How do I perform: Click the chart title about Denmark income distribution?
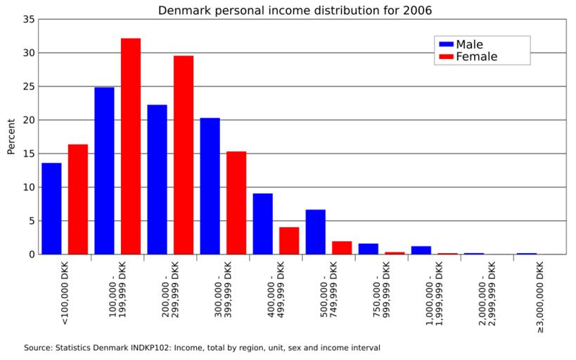point(295,10)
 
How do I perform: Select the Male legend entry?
point(469,44)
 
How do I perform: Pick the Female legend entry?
point(476,57)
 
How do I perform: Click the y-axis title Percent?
point(11,136)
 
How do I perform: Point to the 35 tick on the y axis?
point(28,20)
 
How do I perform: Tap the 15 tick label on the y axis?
point(28,153)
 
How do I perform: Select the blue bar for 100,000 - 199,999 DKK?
point(104,171)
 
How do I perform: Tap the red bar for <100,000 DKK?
point(78,199)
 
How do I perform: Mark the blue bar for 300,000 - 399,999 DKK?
point(210,186)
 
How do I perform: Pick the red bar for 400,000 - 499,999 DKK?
point(289,240)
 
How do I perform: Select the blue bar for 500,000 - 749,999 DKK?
point(316,232)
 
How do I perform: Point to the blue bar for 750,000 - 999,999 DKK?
point(369,249)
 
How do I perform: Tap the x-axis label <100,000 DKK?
point(65,295)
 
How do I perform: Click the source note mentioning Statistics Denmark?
point(202,347)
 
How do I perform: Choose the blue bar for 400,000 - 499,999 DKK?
point(263,224)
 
